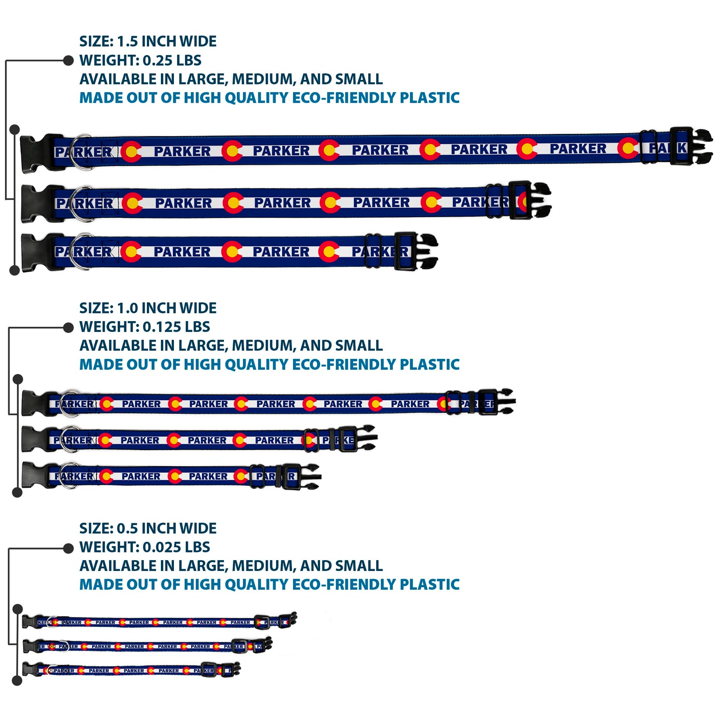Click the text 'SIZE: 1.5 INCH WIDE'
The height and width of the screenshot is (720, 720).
pyautogui.click(x=148, y=41)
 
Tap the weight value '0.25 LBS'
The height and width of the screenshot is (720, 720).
pyautogui.click(x=172, y=60)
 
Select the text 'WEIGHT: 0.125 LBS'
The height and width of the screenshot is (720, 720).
pyautogui.click(x=145, y=327)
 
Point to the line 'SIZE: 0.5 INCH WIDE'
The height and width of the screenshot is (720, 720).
pyautogui.click(x=148, y=528)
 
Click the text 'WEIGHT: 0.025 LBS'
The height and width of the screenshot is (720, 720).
pyautogui.click(x=145, y=547)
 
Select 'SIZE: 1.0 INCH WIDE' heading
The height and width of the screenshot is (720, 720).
pyautogui.click(x=148, y=308)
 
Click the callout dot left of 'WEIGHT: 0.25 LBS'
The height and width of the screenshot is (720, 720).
pyautogui.click(x=68, y=60)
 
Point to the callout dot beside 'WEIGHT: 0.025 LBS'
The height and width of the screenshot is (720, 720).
pyautogui.click(x=68, y=548)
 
